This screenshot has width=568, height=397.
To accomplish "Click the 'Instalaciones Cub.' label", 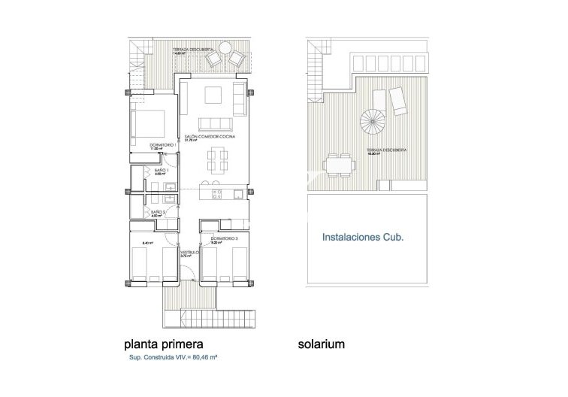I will point(363,236).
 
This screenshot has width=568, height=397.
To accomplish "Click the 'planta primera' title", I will point(163,344).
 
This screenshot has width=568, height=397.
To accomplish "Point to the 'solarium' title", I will point(320,344).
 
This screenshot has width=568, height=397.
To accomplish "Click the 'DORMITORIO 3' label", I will point(224,239).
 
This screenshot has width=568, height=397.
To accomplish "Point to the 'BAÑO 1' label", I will point(160,171).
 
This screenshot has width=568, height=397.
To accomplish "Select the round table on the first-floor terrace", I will point(224,49).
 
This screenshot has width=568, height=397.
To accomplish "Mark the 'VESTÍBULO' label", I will point(188,252).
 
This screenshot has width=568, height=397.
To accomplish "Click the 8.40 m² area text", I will point(147,243).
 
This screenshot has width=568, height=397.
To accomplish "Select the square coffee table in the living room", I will point(213,94).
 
